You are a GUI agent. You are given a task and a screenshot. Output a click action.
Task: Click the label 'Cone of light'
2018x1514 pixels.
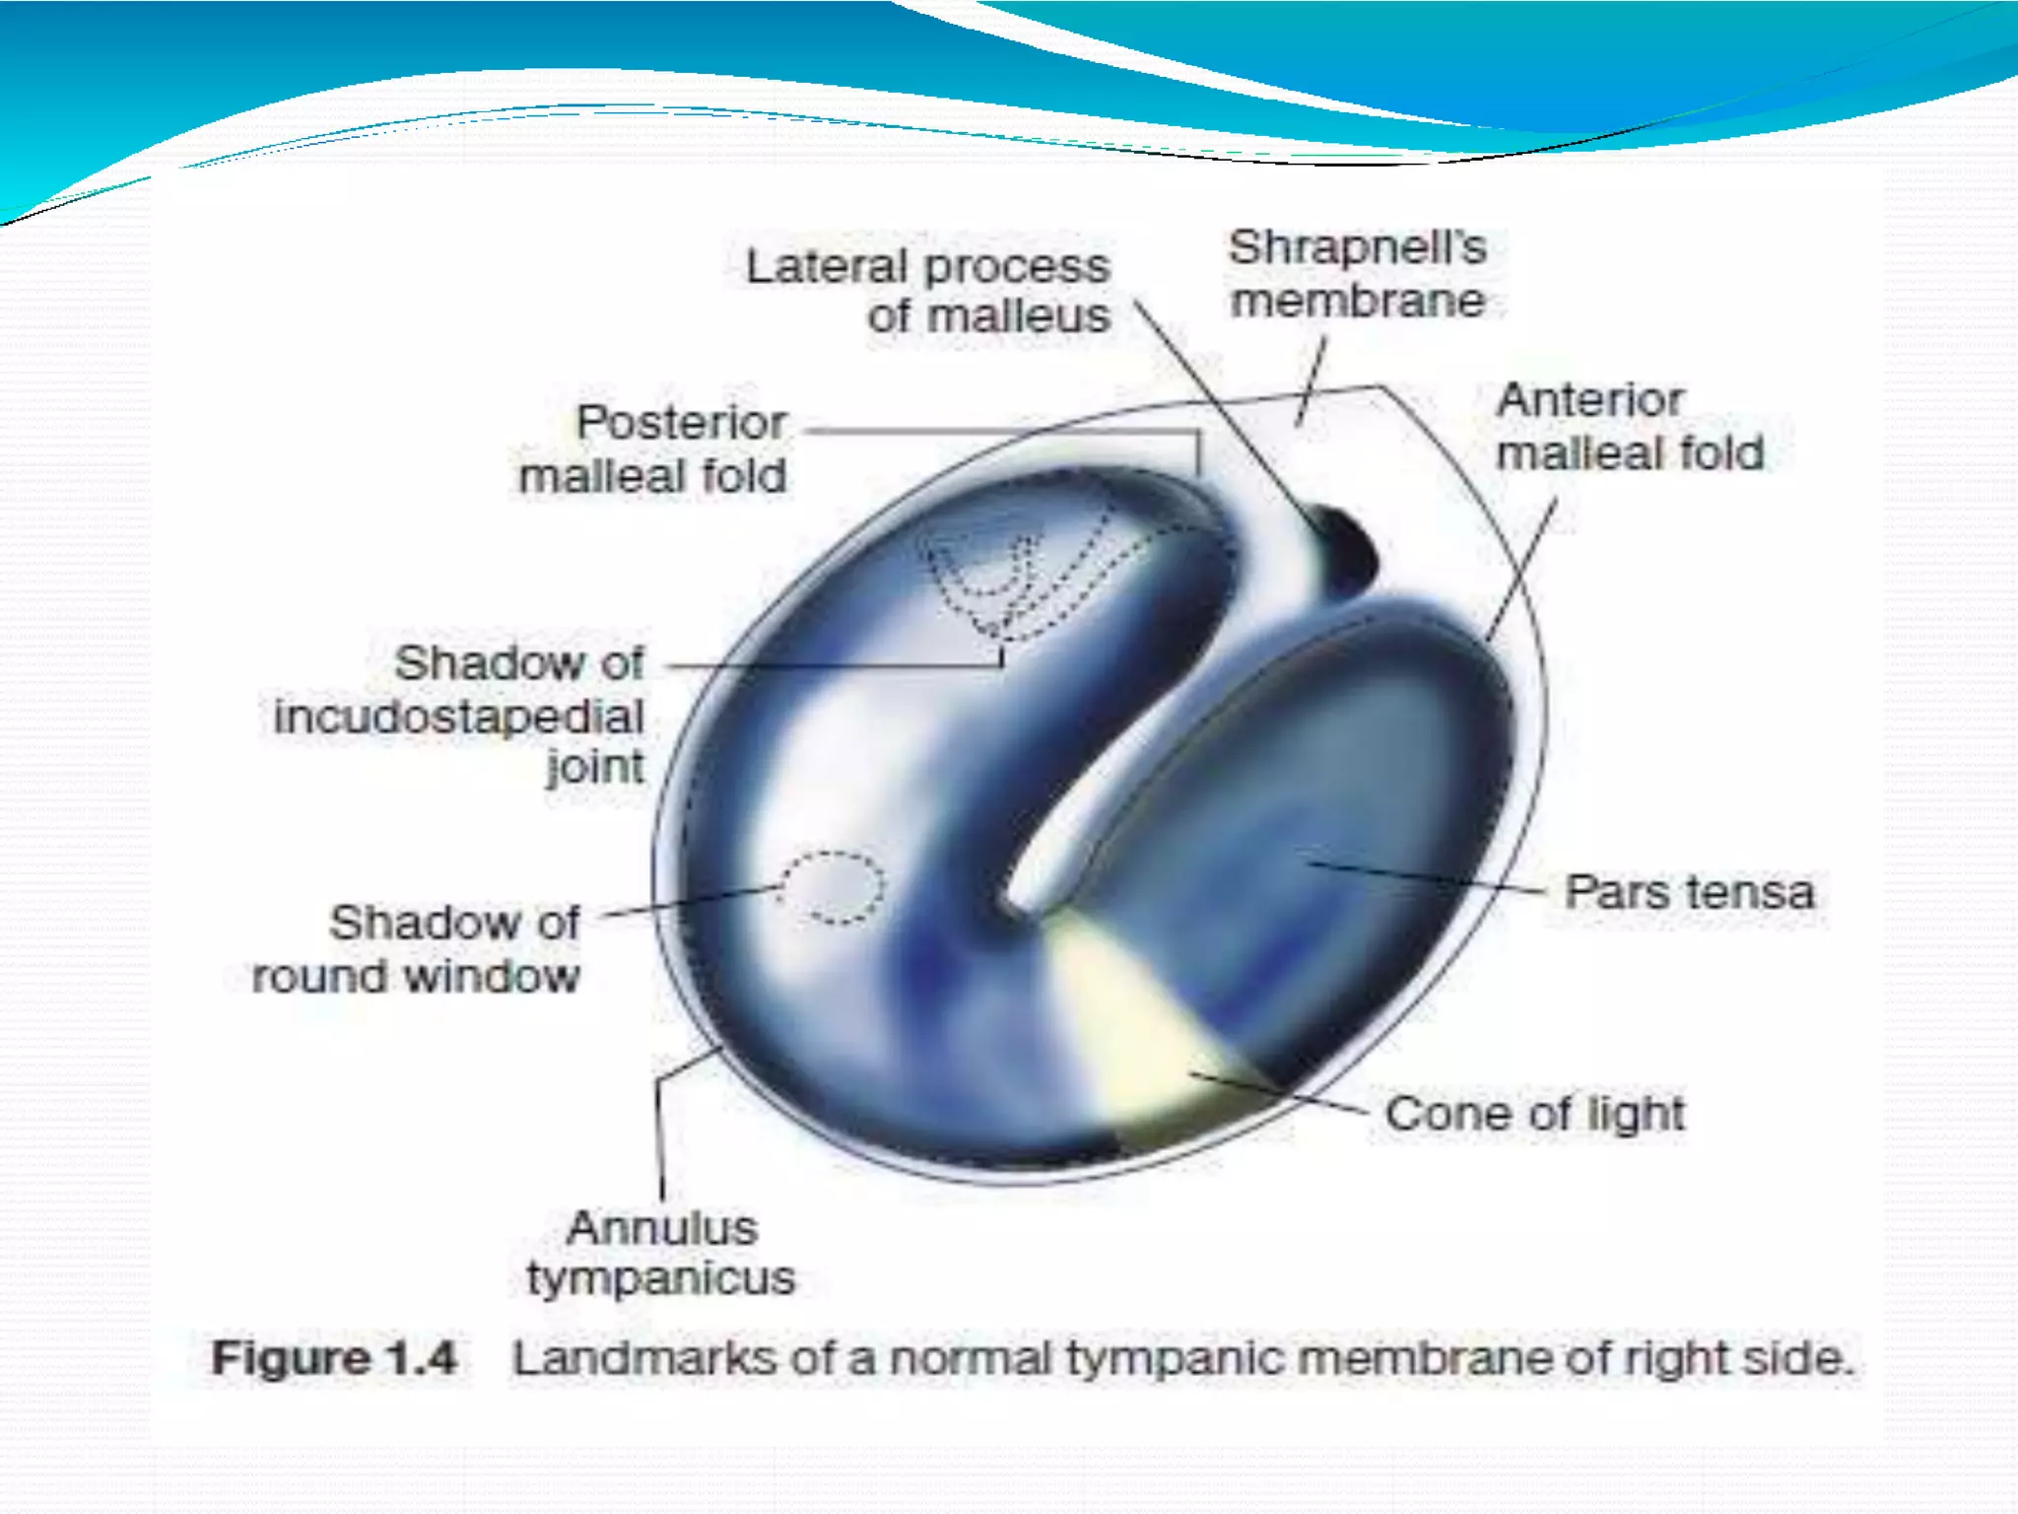(x=1534, y=1114)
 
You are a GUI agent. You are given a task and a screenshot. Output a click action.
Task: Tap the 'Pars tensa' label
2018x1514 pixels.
(x=1689, y=893)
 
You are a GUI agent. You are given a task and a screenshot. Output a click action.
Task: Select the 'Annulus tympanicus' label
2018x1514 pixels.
(x=661, y=1253)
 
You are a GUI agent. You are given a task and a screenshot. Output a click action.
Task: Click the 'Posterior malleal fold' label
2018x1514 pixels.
(x=653, y=449)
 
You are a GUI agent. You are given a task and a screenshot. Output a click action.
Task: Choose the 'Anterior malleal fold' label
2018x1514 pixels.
(x=1630, y=427)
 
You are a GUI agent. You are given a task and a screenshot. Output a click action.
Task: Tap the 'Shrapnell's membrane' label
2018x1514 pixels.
(x=1357, y=274)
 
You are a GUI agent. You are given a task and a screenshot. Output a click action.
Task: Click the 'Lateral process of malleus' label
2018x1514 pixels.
(x=928, y=291)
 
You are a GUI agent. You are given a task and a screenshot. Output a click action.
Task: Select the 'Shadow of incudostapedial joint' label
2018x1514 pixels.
(x=460, y=714)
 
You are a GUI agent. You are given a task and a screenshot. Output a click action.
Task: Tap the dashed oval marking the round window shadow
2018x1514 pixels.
(x=834, y=887)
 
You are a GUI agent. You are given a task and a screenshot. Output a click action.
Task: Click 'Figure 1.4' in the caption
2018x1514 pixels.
(x=334, y=1358)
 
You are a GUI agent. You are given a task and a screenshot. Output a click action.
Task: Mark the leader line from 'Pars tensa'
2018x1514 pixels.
(x=1429, y=877)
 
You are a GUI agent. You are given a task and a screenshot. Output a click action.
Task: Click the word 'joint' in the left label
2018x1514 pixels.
(x=595, y=767)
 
